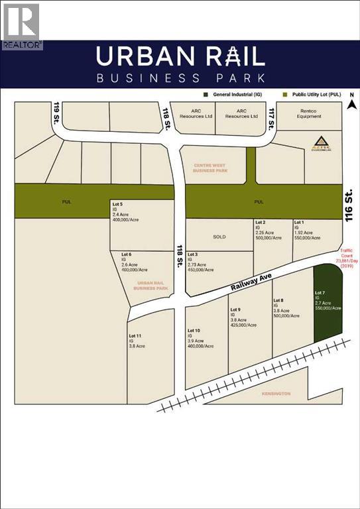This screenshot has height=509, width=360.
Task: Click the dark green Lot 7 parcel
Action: coord(328,302)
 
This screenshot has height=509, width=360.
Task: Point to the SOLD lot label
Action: coord(219,237)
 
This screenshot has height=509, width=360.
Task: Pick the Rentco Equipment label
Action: coord(309,114)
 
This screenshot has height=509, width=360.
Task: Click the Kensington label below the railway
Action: coord(274,394)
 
